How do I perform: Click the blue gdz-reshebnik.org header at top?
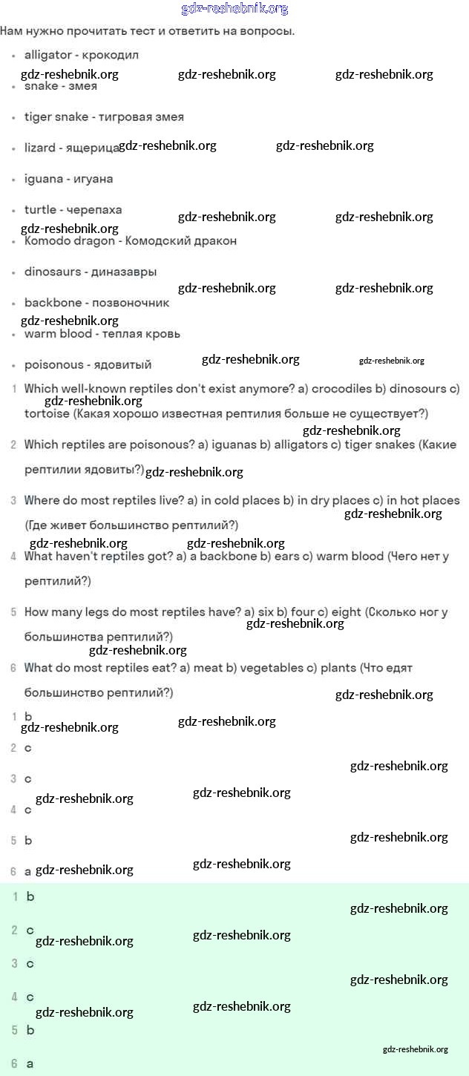pyautogui.click(x=234, y=9)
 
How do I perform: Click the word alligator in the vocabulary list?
pyautogui.click(x=47, y=55)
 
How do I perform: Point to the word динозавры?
pyautogui.click(x=124, y=272)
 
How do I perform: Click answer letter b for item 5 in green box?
pyautogui.click(x=30, y=1030)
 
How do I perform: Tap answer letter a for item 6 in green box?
pyautogui.click(x=30, y=1063)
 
